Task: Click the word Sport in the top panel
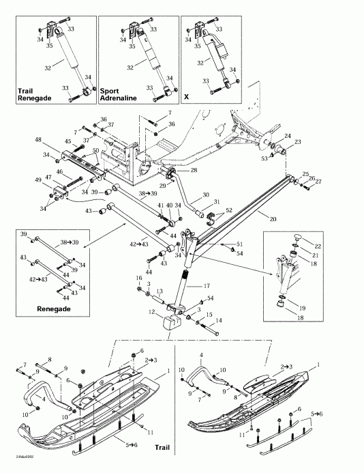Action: pos(110,90)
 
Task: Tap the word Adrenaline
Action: pos(119,98)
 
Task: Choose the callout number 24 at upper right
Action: pos(288,135)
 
